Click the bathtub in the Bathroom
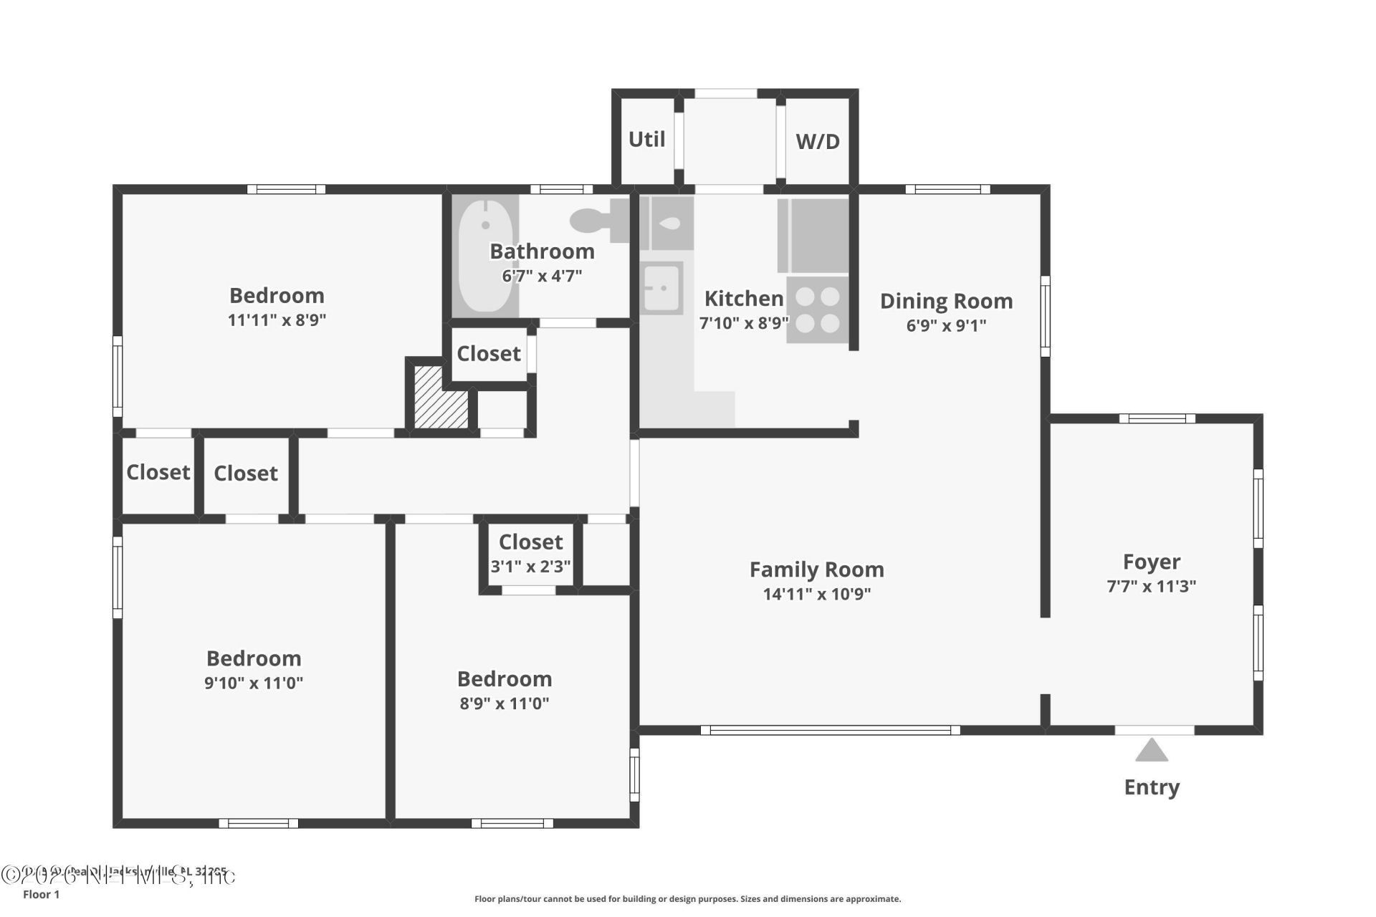click(485, 256)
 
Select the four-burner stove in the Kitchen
click(818, 309)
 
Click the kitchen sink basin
click(661, 288)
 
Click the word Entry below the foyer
click(1152, 787)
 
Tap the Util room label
click(646, 139)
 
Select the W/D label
click(817, 141)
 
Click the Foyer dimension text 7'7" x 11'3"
click(1151, 586)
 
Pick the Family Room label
click(816, 570)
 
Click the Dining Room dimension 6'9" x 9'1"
click(946, 325)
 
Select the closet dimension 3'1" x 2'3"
click(530, 567)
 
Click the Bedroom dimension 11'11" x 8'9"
click(277, 320)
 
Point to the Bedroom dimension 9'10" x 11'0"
click(254, 683)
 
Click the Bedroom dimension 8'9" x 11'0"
click(505, 704)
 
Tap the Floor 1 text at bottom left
click(41, 894)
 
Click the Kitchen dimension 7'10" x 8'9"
click(744, 323)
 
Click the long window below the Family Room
click(830, 730)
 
